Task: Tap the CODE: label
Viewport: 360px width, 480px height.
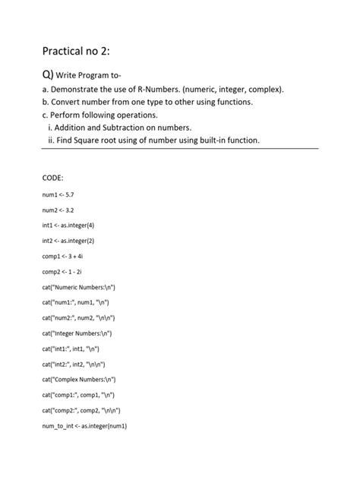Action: (x=53, y=177)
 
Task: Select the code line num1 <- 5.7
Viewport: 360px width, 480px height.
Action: (x=58, y=195)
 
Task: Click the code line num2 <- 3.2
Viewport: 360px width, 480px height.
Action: (x=58, y=210)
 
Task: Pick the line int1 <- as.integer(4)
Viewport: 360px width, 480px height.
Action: (x=68, y=226)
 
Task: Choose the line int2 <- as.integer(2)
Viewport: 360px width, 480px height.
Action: (x=68, y=241)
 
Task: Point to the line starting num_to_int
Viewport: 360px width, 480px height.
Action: (x=84, y=426)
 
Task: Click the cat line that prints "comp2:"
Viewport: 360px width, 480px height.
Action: (x=81, y=410)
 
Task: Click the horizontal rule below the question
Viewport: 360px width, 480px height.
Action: (x=180, y=150)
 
